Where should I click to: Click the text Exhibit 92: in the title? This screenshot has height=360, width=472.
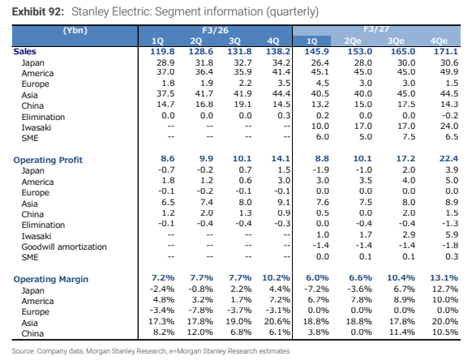tap(38, 11)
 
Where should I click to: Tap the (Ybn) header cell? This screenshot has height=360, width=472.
tap(75, 30)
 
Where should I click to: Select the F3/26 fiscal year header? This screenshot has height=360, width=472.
tap(215, 30)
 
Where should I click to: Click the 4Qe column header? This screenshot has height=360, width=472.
tap(439, 41)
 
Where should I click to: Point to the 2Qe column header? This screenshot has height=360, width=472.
tap(353, 41)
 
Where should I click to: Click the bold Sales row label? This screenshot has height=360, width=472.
tap(24, 51)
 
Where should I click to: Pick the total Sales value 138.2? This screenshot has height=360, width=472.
tap(278, 51)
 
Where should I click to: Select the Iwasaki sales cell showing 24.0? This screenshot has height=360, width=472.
tap(449, 126)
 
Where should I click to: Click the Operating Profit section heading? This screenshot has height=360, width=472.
tap(48, 160)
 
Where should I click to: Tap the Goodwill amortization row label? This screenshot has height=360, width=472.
tap(64, 246)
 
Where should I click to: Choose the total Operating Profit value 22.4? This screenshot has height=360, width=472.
tap(448, 159)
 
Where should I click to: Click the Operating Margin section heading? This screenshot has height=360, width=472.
tap(51, 279)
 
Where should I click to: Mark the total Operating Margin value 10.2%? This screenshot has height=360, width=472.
tap(276, 277)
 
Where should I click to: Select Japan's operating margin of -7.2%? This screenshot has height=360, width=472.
tap(316, 289)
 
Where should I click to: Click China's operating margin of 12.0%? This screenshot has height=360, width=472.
tap(200, 332)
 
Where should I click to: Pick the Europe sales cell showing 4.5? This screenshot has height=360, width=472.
tap(322, 83)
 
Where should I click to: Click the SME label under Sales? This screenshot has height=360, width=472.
tap(30, 138)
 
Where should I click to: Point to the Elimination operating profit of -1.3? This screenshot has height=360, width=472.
tap(450, 224)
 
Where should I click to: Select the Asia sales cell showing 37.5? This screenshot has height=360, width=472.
tap(165, 93)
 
